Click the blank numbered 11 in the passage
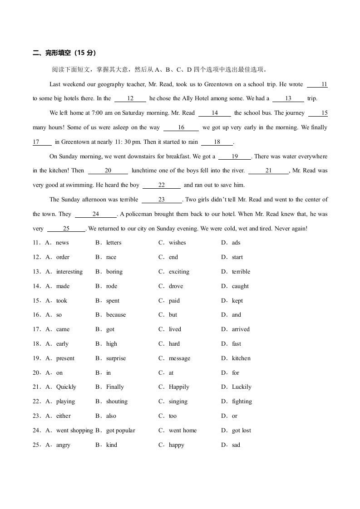[x=317, y=84]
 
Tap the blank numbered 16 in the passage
[x=181, y=127]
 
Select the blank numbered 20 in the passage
[x=108, y=171]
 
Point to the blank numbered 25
[x=66, y=229]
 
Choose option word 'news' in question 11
[x=62, y=243]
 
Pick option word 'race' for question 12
[x=111, y=257]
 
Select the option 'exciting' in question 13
[x=179, y=272]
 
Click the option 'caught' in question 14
[x=240, y=286]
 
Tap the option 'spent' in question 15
[x=113, y=301]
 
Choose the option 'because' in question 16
[x=116, y=315]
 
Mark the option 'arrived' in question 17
[x=241, y=329]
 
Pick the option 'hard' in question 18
[x=174, y=344]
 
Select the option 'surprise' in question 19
[x=116, y=358]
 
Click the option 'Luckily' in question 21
[x=242, y=387]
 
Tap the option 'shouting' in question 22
[x=117, y=401]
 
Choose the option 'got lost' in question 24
[x=241, y=431]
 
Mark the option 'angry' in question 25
[x=63, y=445]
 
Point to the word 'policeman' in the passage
[x=138, y=214]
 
